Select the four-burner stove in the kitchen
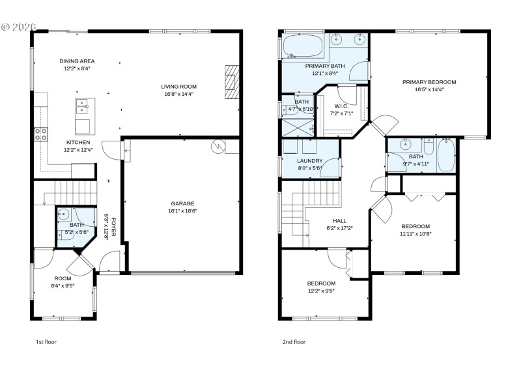[40, 134]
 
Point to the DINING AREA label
[77, 61]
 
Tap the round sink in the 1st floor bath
[64, 213]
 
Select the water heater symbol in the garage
[217, 147]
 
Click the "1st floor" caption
[46, 341]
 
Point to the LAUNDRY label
[309, 160]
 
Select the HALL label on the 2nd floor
[339, 220]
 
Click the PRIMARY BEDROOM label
[429, 82]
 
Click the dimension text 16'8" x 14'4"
[178, 94]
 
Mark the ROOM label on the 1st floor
[63, 278]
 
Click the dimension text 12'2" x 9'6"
[321, 291]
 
